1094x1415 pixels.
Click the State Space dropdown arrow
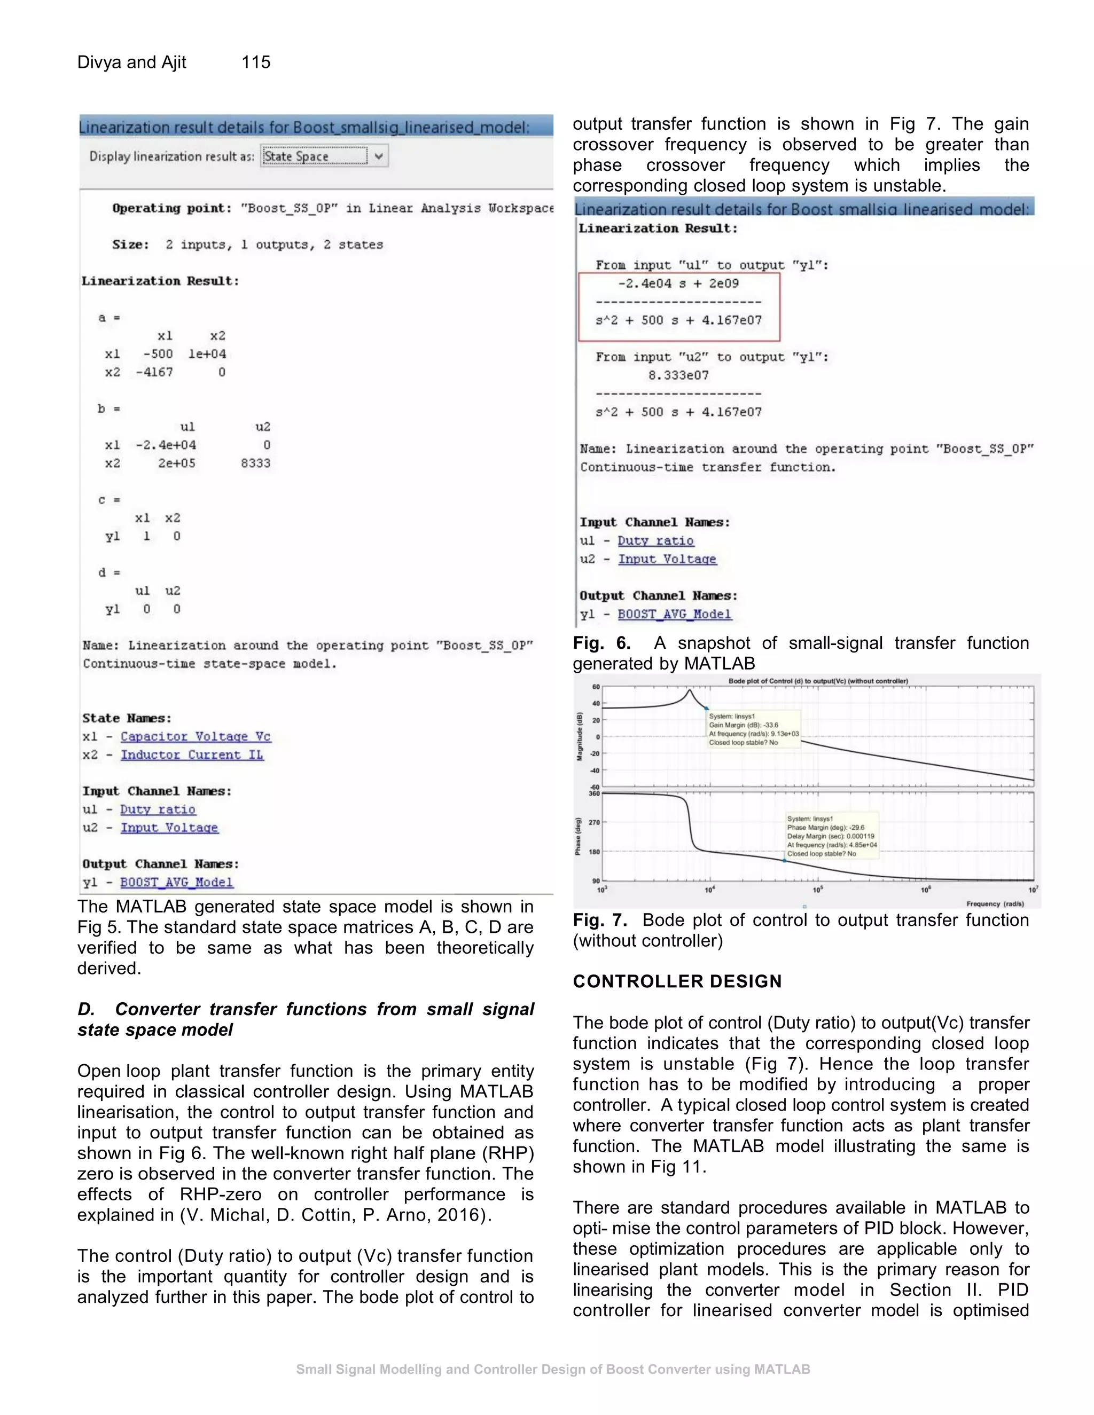tap(379, 156)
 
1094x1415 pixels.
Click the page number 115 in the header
tap(256, 62)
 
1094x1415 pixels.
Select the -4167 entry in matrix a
tap(154, 372)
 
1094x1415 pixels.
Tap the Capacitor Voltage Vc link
tap(195, 737)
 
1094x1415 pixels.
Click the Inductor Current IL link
tap(192, 755)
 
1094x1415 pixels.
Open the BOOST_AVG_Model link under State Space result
tap(176, 883)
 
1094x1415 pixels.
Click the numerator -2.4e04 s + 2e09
tap(678, 283)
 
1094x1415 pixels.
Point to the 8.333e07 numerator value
tap(678, 375)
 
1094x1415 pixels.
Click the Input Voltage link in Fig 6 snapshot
tap(667, 559)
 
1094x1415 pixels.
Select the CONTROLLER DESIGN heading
tap(677, 981)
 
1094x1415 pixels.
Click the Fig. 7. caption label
tap(599, 920)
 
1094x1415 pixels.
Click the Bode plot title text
tap(818, 681)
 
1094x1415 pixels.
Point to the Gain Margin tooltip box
tap(753, 729)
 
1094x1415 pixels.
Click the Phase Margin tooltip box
tap(832, 836)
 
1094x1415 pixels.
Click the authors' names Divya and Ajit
tap(131, 62)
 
